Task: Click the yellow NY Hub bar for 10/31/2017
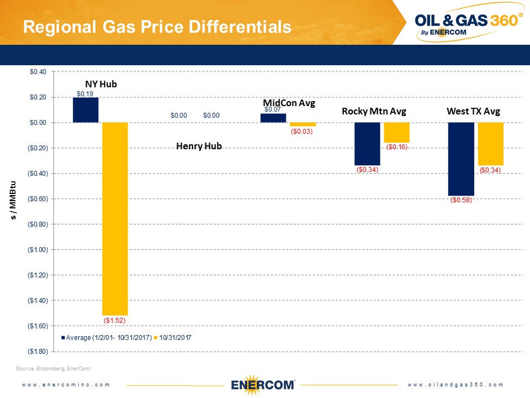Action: [x=115, y=218]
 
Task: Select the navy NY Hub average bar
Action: [x=86, y=110]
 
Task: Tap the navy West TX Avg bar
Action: [x=460, y=159]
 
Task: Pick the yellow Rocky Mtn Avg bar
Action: [x=396, y=133]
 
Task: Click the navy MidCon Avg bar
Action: [x=273, y=118]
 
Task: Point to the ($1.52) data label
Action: [x=115, y=320]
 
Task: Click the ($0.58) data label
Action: [x=460, y=200]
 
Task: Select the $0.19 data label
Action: [x=84, y=94]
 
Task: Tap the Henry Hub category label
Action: [x=199, y=146]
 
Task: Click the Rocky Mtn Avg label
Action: [x=374, y=112]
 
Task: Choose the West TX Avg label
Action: [x=473, y=112]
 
